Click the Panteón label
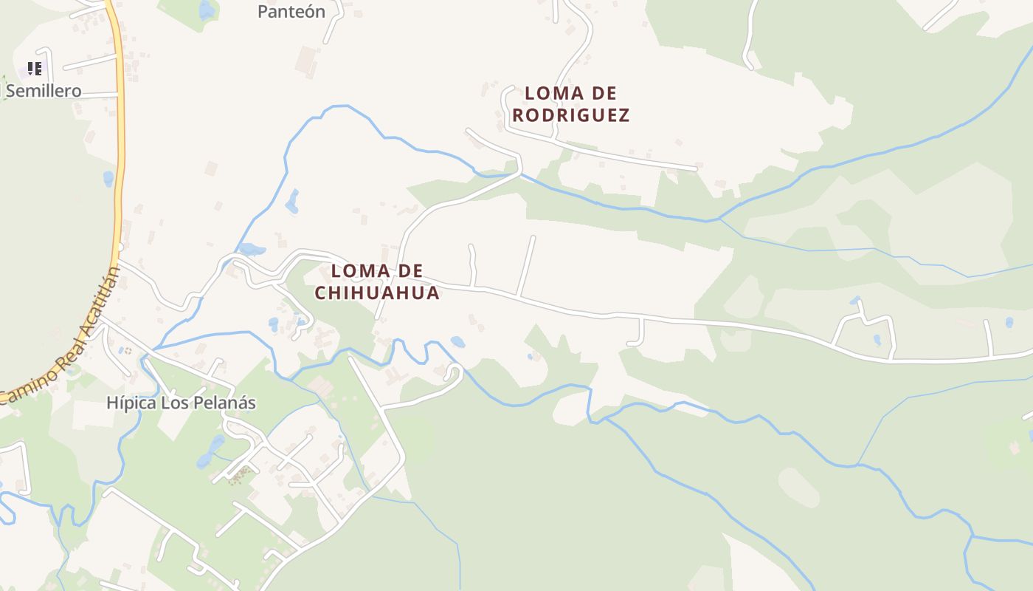[291, 11]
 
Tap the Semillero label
[44, 91]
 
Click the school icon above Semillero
[34, 69]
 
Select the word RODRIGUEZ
[571, 115]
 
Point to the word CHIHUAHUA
[377, 293]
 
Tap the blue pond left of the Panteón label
[207, 10]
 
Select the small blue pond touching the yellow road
[109, 179]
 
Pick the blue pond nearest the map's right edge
[1009, 322]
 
